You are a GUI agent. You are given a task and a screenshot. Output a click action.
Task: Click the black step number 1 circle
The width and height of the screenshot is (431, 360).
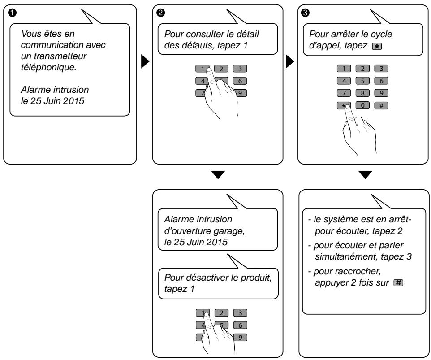click(12, 13)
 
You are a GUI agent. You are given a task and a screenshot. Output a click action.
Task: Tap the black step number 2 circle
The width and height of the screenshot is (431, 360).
click(160, 13)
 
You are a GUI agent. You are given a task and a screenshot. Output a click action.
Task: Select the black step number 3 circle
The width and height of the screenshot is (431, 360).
click(305, 13)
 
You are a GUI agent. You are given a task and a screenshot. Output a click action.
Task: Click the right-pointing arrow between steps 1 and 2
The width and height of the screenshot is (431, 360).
click(145, 62)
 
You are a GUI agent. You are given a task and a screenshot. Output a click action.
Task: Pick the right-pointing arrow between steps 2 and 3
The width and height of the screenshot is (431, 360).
click(290, 62)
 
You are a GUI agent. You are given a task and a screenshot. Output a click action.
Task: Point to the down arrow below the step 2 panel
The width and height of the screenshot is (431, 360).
click(218, 175)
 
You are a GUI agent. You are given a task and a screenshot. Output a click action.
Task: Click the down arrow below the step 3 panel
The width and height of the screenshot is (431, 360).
click(365, 175)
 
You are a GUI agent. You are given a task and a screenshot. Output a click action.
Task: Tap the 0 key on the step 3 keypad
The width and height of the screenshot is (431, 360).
click(362, 105)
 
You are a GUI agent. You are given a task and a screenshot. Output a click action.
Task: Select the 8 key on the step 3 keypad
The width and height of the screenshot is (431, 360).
click(362, 93)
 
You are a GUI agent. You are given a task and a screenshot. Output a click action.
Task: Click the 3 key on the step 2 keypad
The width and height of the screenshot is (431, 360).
click(240, 69)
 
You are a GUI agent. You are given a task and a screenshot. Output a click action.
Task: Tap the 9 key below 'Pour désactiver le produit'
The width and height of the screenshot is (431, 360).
click(240, 338)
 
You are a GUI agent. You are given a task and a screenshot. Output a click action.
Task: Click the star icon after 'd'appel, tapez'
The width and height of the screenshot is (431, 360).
click(377, 47)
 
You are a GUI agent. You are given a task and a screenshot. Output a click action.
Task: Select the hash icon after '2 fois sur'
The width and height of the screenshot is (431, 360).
click(399, 283)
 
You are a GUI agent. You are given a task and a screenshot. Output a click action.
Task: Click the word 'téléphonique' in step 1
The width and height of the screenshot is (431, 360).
click(48, 67)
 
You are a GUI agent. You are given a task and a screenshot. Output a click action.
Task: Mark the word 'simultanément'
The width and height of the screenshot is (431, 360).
click(346, 256)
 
